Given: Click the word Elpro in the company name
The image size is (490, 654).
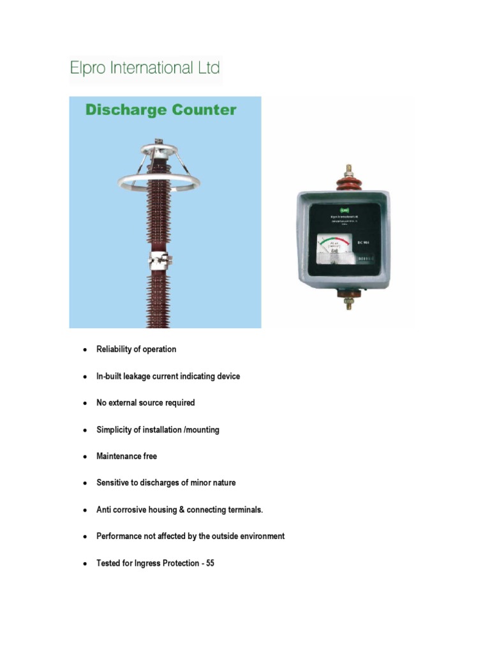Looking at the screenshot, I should (88, 68).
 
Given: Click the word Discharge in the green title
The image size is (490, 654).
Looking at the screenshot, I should (124, 110).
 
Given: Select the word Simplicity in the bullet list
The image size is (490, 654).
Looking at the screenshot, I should (114, 430).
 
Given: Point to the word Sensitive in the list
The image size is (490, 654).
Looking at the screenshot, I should (113, 483).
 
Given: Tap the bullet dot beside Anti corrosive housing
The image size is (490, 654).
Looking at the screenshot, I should (84, 510).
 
